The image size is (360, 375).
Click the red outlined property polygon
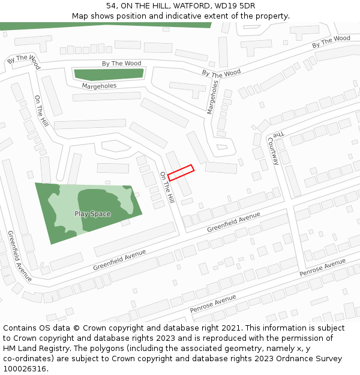tap(181, 173)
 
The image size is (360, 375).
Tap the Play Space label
tap(92, 214)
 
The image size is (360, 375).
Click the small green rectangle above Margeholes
tap(108, 74)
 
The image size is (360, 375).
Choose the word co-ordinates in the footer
tap(27, 359)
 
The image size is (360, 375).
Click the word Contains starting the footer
tap(20, 328)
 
